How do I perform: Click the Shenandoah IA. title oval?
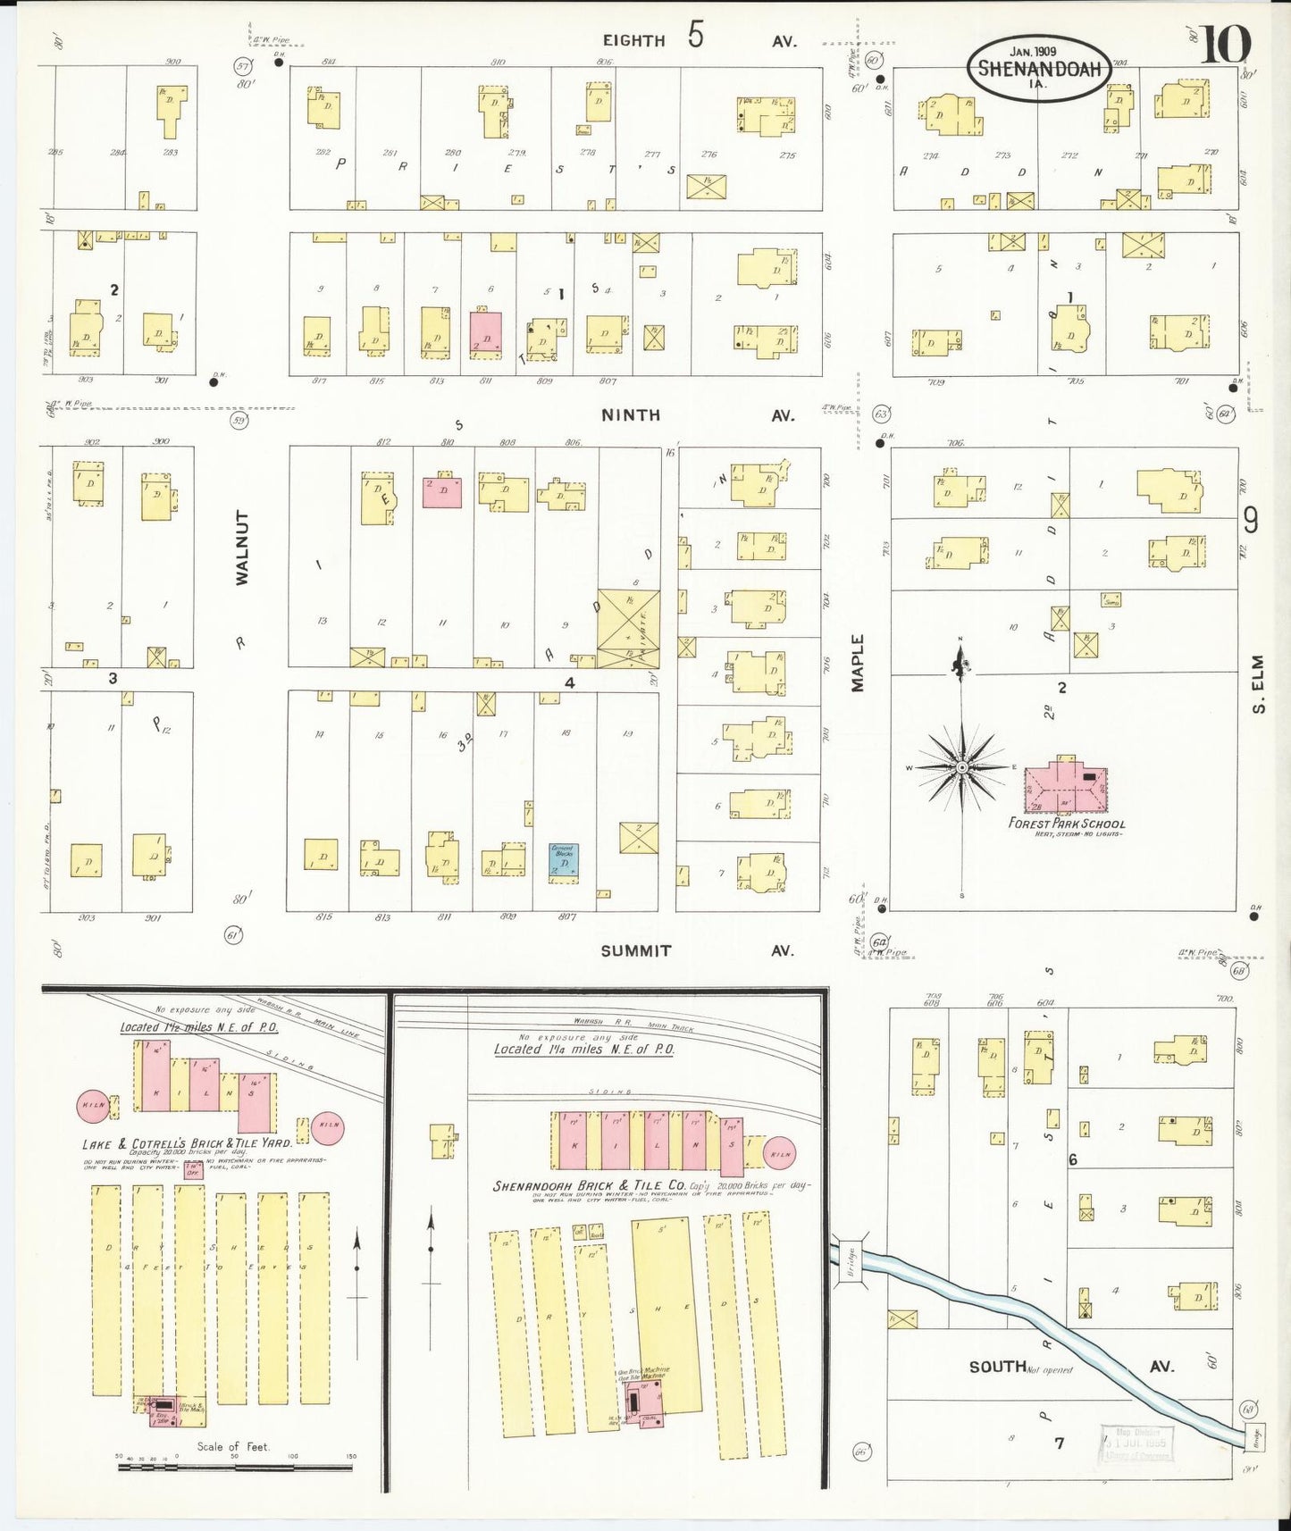pos(1038,68)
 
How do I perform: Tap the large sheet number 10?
pos(1225,46)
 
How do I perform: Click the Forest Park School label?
pos(1066,824)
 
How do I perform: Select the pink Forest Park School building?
pos(1064,786)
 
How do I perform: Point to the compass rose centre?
pos(961,767)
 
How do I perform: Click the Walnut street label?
pos(242,548)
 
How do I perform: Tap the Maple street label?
pos(858,662)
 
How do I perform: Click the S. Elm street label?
pos(1258,684)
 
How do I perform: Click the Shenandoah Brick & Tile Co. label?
pos(590,1186)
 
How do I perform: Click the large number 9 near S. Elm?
pos(1251,520)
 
